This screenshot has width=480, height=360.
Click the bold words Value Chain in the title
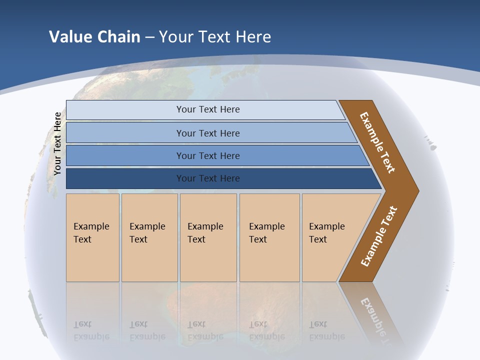[x=94, y=36]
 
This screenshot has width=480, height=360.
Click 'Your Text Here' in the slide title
[x=215, y=36]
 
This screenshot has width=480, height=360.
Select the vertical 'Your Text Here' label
[x=57, y=143]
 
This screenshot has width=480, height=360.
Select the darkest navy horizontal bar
[x=125, y=178]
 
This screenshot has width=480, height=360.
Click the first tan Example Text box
[x=92, y=237]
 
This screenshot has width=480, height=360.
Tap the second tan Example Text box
[x=149, y=237]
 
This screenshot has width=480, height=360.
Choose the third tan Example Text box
[x=208, y=237]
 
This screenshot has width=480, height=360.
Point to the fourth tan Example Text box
[x=269, y=237]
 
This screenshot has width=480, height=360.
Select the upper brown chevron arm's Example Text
[x=377, y=142]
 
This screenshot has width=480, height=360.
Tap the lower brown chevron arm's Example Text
[x=378, y=236]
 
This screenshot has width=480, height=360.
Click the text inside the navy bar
[x=208, y=178]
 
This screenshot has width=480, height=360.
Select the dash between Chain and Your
[x=149, y=37]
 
